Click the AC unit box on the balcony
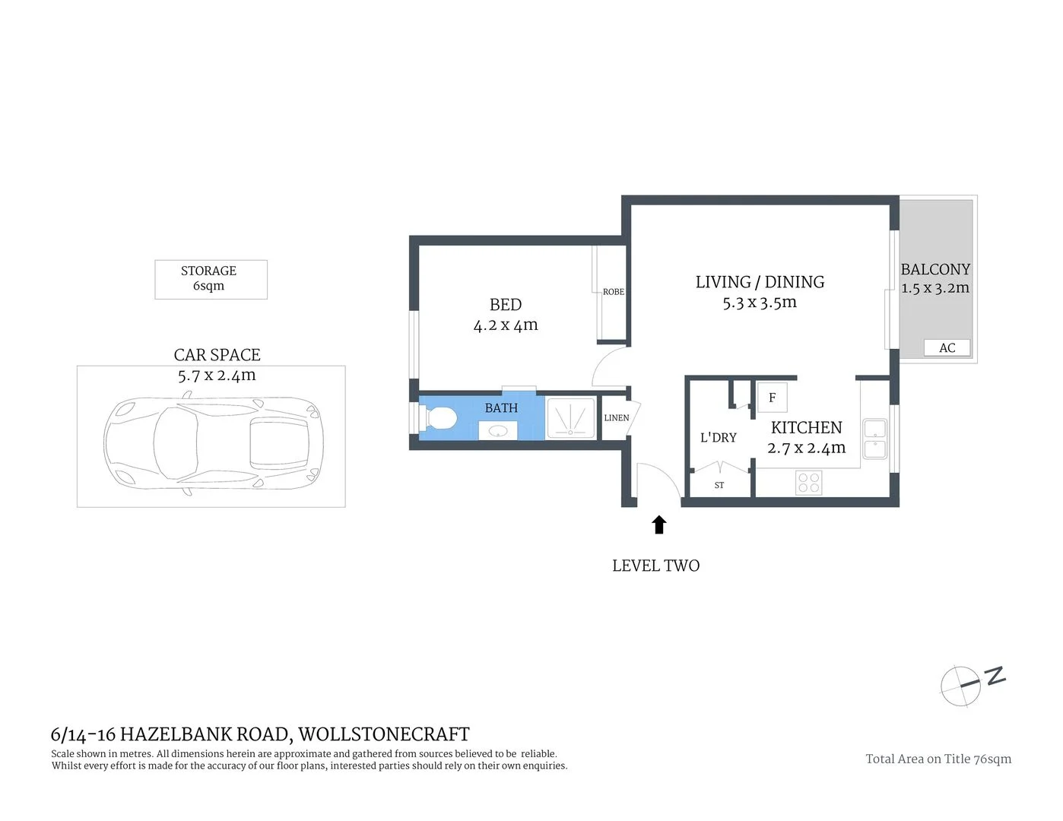(947, 348)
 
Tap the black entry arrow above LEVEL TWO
(659, 525)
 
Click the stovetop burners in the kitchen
(809, 483)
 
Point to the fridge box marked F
(773, 398)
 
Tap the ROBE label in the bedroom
(613, 292)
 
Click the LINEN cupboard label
(616, 418)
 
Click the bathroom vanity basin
(498, 431)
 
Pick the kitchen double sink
(874, 439)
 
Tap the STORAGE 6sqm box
(211, 279)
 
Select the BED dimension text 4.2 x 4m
(506, 325)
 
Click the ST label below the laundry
(719, 485)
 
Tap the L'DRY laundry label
(718, 438)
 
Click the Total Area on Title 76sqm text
(938, 759)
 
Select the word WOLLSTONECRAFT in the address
(384, 734)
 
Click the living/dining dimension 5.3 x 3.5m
(760, 303)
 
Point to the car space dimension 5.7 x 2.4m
(217, 376)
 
